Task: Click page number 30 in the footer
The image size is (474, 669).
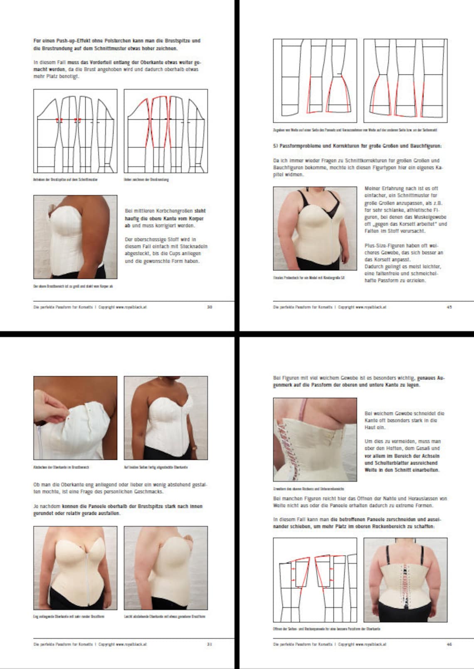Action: (210, 307)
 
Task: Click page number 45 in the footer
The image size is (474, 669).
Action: (449, 307)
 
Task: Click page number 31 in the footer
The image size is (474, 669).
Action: (210, 644)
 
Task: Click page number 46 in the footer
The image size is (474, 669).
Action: (449, 644)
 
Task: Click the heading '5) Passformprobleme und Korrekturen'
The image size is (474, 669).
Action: (357, 146)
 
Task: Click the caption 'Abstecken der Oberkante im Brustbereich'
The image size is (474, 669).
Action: (61, 467)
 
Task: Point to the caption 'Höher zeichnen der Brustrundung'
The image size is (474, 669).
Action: (146, 180)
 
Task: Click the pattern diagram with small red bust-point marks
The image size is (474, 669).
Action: (75, 131)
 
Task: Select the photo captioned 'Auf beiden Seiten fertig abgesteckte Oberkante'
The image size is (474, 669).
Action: (165, 418)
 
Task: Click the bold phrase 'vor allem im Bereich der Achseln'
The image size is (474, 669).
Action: (402, 456)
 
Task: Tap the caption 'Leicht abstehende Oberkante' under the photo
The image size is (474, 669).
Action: (165, 617)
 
